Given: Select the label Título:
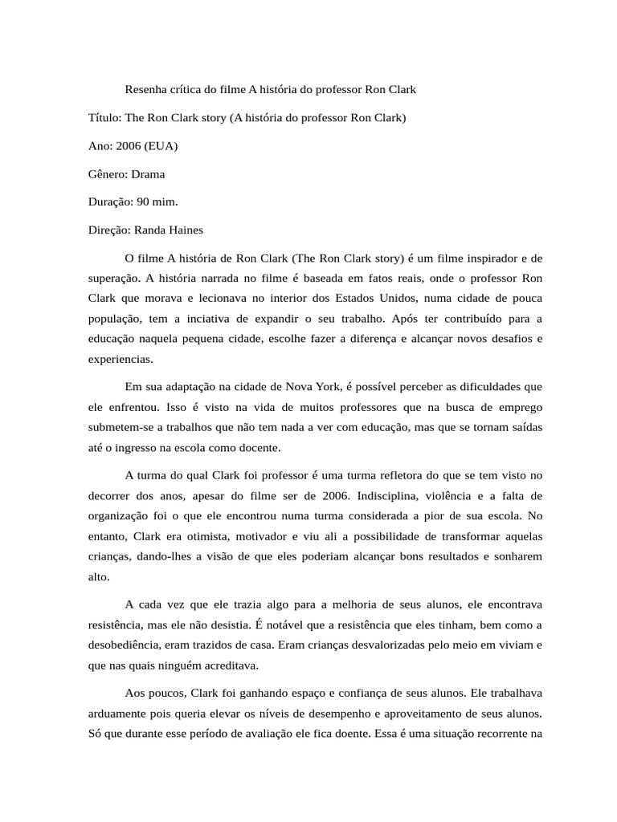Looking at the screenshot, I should click(x=104, y=117).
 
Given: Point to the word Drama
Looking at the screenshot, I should click(x=148, y=173).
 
